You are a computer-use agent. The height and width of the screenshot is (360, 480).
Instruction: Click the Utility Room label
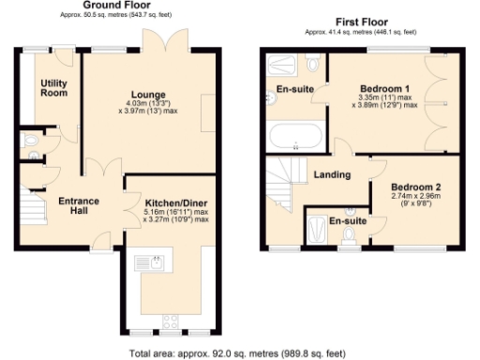pyautogui.click(x=53, y=89)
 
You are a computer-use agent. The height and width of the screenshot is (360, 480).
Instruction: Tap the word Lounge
pyautogui.click(x=148, y=95)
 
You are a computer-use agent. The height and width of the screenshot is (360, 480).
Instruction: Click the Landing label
pyautogui.click(x=333, y=174)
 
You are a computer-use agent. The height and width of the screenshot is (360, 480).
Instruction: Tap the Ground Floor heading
pyautogui.click(x=125, y=6)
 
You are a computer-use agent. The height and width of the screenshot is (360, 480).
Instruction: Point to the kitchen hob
pyautogui.click(x=172, y=322)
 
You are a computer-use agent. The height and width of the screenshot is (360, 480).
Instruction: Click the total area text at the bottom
pyautogui.click(x=240, y=353)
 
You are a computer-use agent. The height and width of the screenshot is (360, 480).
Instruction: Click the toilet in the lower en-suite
pyautogui.click(x=350, y=233)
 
